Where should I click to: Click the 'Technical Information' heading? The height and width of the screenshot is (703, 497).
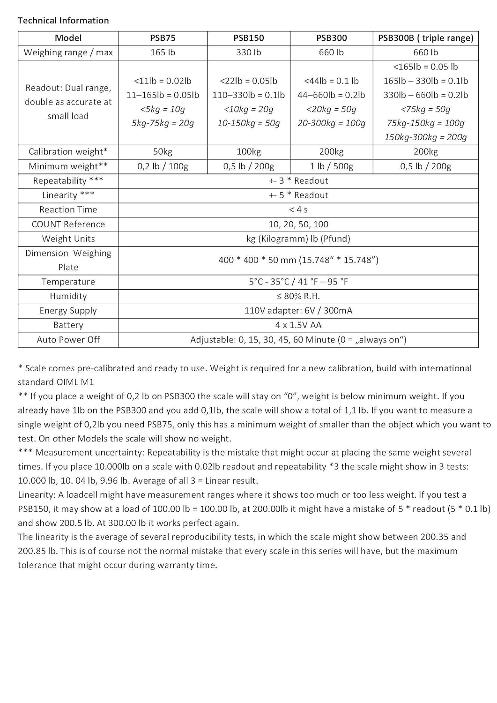click(63, 21)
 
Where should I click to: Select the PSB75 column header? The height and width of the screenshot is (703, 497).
click(163, 38)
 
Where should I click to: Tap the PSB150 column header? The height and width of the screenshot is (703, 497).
click(249, 38)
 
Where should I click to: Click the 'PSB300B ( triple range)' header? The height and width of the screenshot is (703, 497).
click(425, 38)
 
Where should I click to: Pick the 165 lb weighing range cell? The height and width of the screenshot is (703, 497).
click(163, 52)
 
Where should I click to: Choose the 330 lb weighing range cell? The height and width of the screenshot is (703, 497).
click(249, 52)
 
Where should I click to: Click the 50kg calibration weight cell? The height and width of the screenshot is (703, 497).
click(163, 152)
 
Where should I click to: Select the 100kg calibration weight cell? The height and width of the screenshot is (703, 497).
click(249, 152)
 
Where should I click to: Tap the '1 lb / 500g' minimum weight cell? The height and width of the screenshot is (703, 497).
click(332, 166)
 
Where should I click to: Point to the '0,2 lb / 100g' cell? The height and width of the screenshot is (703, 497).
click(163, 166)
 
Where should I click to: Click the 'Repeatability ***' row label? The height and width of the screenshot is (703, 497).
click(68, 181)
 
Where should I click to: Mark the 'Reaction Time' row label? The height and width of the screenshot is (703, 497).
click(68, 210)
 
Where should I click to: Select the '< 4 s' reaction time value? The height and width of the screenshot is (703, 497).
click(298, 210)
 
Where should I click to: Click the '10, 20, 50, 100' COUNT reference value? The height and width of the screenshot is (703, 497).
click(298, 224)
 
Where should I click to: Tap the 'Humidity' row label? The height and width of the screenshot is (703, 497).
click(68, 296)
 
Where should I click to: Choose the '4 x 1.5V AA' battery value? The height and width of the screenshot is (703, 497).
click(298, 325)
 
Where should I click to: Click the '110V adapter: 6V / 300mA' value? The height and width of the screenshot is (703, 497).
click(298, 311)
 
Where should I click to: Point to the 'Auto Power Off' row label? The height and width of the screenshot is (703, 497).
click(68, 340)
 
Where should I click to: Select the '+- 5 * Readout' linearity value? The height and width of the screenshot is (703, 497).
click(298, 195)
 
